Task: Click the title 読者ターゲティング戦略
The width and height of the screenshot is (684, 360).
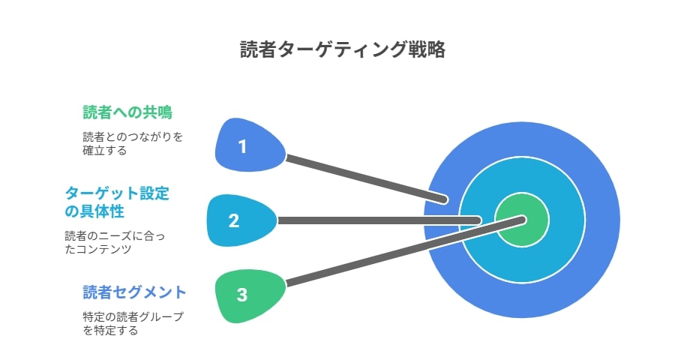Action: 343,49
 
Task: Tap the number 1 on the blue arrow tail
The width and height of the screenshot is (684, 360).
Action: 242,146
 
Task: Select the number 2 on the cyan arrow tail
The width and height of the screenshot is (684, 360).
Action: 234,220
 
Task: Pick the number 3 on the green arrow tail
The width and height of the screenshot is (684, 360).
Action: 242,295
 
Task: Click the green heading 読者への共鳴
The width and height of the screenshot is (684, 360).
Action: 127,112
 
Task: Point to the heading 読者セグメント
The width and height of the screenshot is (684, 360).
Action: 135,292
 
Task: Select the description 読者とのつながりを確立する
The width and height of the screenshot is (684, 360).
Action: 133,143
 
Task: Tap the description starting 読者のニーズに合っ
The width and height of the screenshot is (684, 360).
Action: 115,242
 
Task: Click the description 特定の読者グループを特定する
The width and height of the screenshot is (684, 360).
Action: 133,323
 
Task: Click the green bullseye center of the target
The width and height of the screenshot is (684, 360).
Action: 522,220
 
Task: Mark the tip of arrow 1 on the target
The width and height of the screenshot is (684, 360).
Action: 445,199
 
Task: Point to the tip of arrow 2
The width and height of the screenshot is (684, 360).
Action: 478,220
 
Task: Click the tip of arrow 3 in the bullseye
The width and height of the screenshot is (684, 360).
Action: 523,220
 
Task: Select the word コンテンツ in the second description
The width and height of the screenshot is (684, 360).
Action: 103,250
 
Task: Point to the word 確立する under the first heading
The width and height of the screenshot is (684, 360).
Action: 105,151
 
